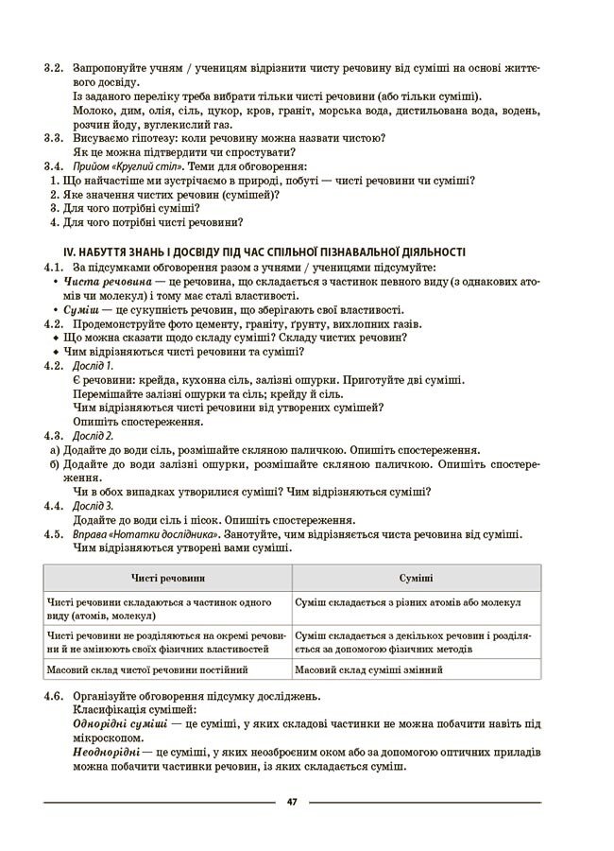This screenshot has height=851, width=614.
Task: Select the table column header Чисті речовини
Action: tap(168, 577)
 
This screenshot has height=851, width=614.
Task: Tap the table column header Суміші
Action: tap(417, 577)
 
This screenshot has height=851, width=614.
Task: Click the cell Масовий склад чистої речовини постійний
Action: tap(146, 669)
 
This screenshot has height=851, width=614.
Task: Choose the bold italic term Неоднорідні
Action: tap(104, 752)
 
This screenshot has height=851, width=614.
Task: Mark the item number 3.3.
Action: tap(53, 138)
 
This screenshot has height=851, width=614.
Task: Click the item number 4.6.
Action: tap(53, 696)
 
